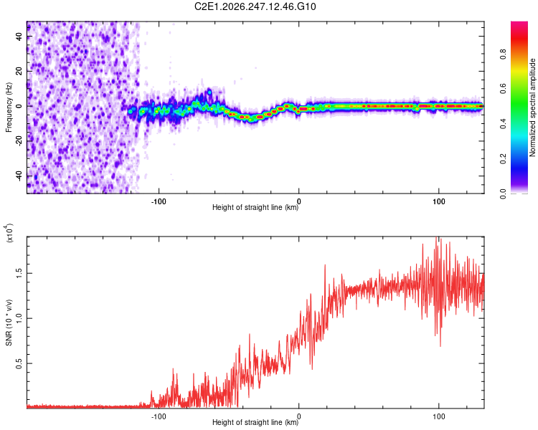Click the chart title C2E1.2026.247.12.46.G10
point(255,6)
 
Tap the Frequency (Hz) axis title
point(9,107)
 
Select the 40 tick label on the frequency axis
point(19,37)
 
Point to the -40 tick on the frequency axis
point(19,176)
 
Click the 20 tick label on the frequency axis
point(19,72)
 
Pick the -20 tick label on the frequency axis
point(19,141)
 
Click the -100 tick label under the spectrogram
point(159,201)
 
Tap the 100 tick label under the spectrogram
point(438,201)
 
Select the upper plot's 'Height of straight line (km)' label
point(255,207)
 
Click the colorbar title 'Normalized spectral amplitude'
point(532,107)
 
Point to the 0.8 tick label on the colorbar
point(504,54)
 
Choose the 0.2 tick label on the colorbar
point(504,159)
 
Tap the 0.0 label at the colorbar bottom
point(504,193)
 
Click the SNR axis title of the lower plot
point(9,322)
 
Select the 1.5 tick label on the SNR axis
point(19,273)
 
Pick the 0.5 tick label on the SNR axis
point(19,363)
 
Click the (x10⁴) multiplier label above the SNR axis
point(9,233)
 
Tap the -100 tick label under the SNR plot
point(159,416)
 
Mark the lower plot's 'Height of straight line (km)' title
point(255,422)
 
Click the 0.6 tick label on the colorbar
point(504,89)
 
